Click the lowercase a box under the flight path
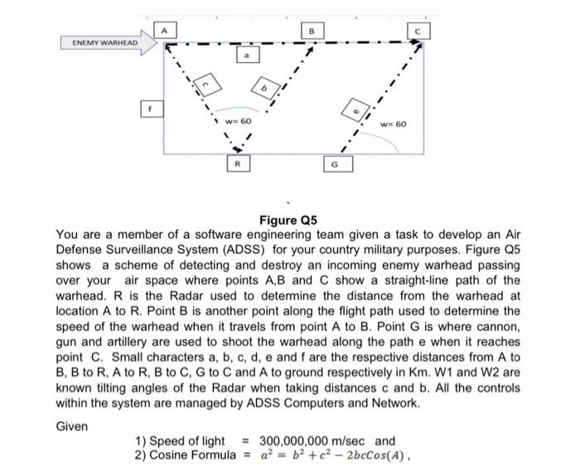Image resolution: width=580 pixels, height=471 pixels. tap(245, 55)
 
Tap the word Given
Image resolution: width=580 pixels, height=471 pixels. tap(72, 425)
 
